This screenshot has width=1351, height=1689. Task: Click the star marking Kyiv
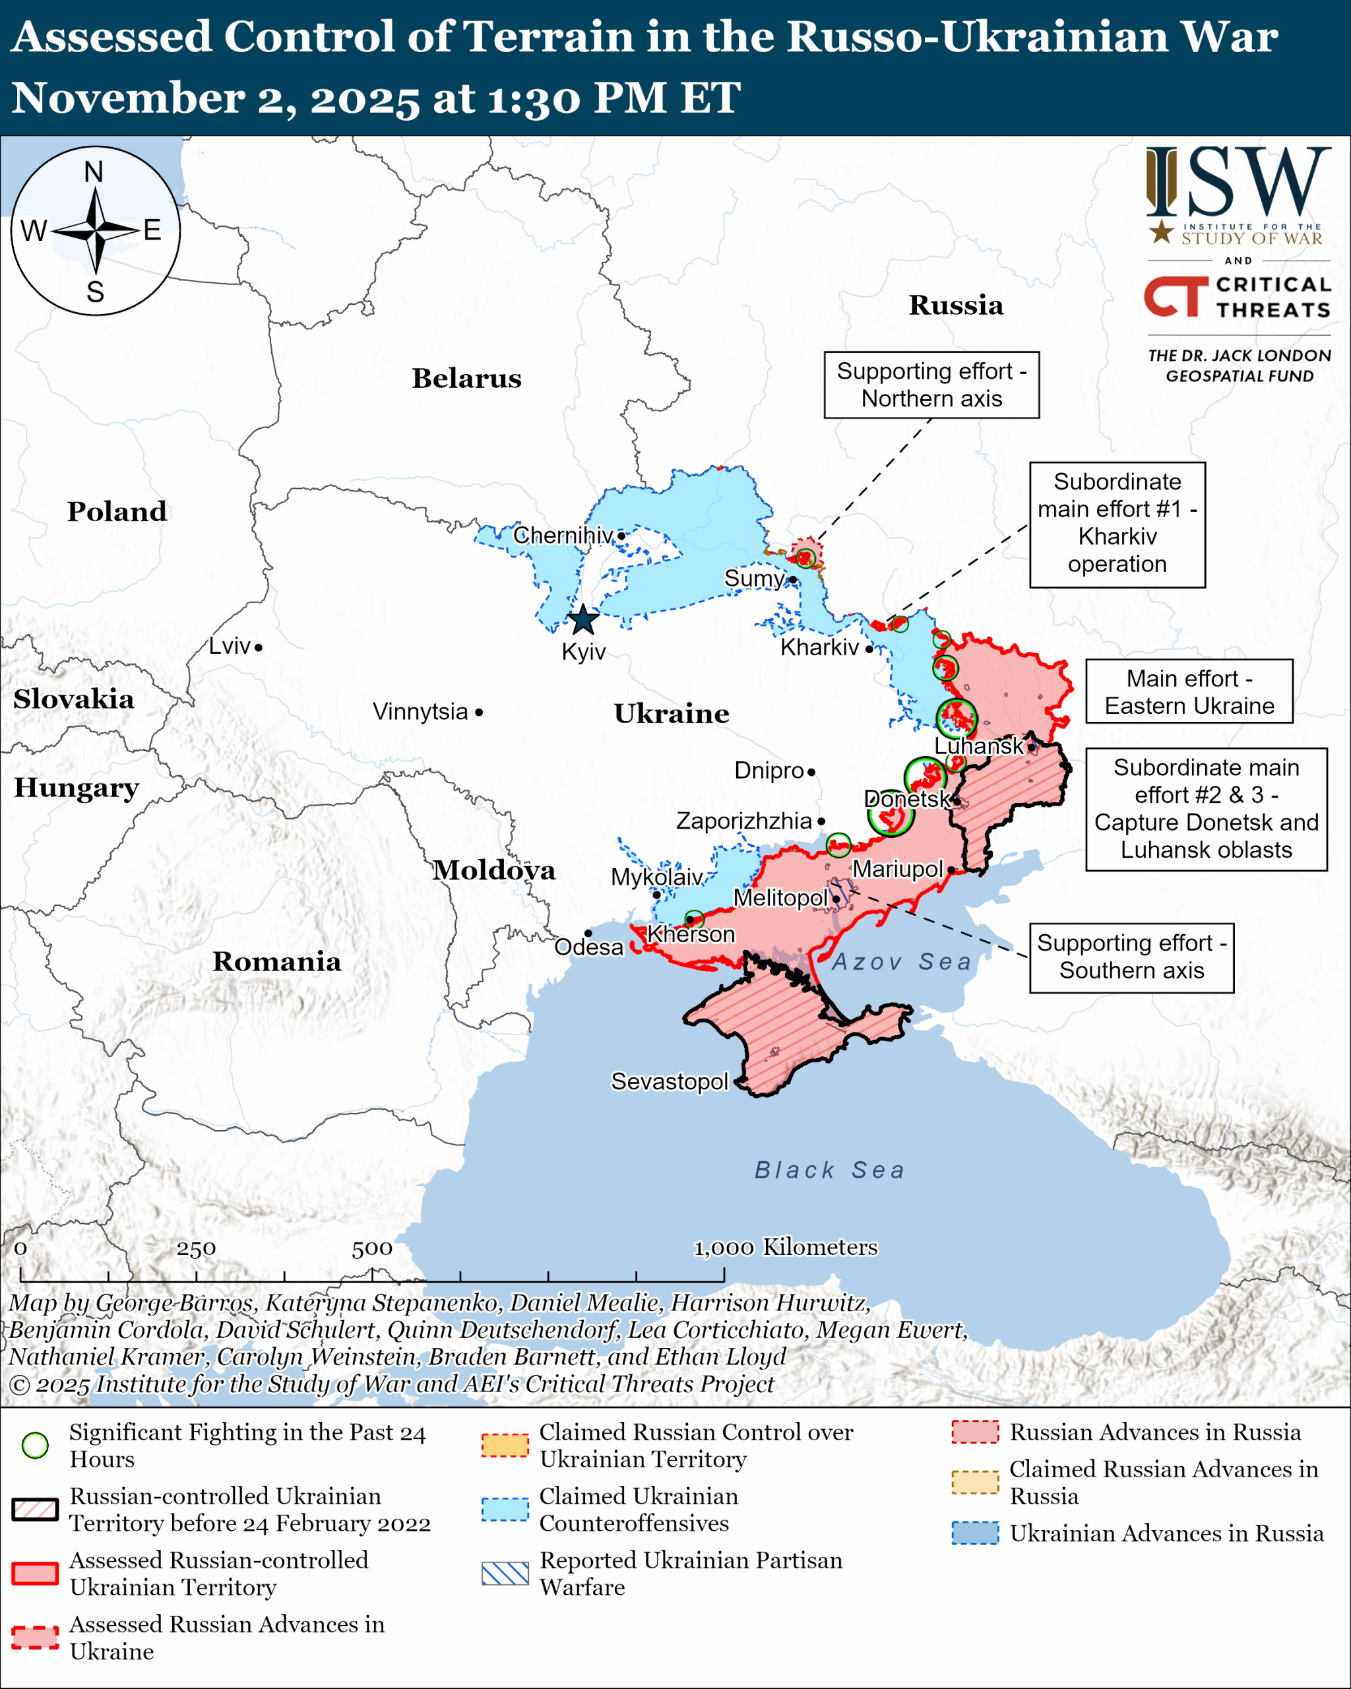point(582,620)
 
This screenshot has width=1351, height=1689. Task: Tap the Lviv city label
point(230,647)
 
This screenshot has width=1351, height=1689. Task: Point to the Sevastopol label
point(669,1081)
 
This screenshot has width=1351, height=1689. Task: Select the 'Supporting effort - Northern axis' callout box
point(931,385)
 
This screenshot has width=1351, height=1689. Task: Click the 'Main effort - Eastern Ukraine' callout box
point(1188,691)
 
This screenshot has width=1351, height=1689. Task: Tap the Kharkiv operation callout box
point(1117,523)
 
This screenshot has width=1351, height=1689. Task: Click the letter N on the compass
point(94,172)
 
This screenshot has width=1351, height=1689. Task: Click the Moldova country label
point(494,870)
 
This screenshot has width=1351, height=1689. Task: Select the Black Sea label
point(829,1170)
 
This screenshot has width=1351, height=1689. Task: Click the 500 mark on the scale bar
point(371,1249)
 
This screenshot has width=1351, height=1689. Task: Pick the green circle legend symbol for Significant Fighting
point(35,1446)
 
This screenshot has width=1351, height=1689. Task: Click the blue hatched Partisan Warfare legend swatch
point(505,1573)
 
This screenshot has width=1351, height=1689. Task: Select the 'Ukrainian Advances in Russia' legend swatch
point(975,1533)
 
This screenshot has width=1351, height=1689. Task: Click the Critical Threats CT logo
point(1176,296)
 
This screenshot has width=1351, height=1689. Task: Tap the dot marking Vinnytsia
point(478,712)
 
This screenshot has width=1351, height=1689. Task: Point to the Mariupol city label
point(898,869)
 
